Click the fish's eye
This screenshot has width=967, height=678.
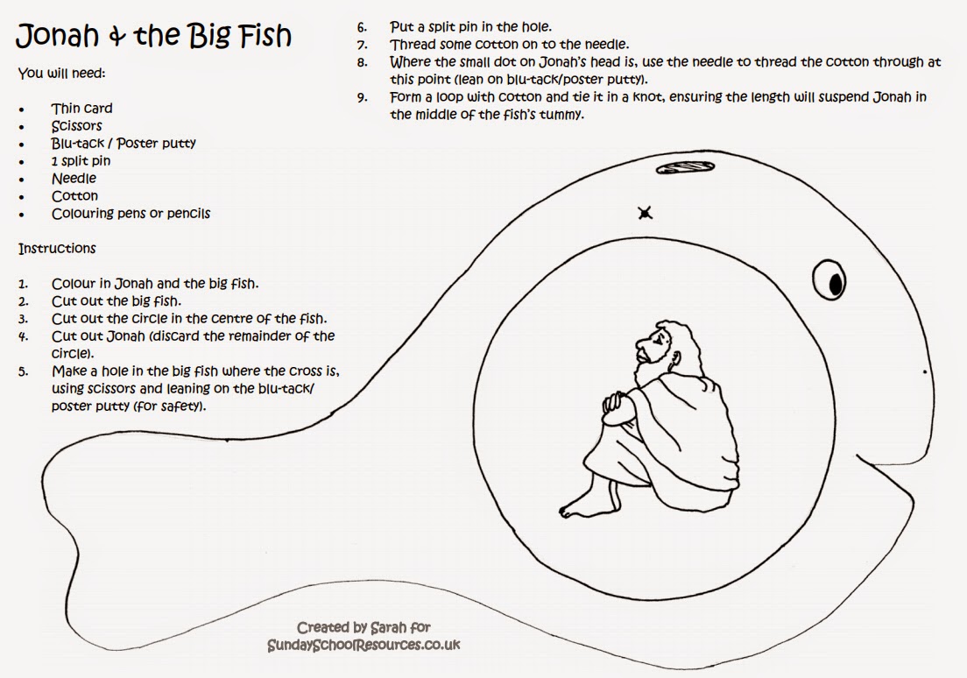[829, 280]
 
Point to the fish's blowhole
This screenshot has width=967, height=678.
[685, 167]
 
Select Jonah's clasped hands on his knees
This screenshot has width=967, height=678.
[616, 403]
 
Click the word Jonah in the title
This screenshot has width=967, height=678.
[57, 36]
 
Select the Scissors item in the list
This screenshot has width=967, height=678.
[76, 126]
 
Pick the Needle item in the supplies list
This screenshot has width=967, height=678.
[74, 179]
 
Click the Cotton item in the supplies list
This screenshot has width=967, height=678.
[74, 195]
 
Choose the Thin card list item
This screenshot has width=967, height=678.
[81, 109]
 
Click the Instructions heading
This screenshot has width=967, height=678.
[57, 249]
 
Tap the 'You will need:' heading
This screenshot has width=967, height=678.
[61, 74]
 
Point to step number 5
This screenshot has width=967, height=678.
[23, 372]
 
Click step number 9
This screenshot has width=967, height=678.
[362, 97]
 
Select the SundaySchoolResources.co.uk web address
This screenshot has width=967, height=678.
[364, 646]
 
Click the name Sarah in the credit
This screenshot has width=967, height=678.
[386, 628]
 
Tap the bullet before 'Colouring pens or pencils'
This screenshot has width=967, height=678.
[22, 215]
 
